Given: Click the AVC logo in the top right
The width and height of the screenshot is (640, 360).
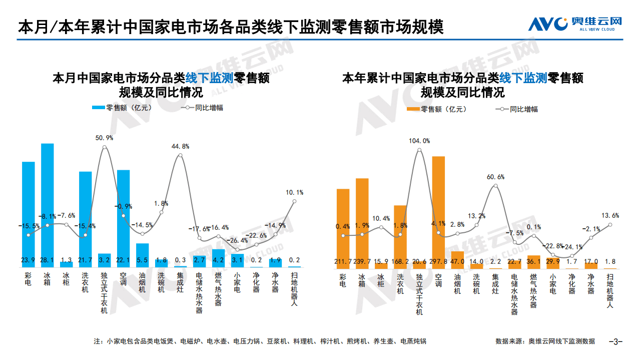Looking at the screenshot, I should tap(575, 23).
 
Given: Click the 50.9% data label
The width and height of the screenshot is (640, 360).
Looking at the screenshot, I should tap(104, 138).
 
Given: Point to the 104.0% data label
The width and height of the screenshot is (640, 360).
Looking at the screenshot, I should tap(419, 141).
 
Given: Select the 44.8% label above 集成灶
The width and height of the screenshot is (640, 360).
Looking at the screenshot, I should tap(180, 146).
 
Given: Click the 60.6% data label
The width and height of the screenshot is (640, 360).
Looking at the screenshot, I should tap(495, 177).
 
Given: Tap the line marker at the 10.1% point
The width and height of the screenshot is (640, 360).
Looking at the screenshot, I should tap(294, 201).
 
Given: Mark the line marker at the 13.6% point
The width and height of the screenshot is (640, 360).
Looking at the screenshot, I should tap(610, 225).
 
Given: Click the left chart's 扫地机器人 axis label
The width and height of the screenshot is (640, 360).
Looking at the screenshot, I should tap(294, 289).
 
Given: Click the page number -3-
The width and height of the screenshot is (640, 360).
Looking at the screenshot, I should tap(615, 341).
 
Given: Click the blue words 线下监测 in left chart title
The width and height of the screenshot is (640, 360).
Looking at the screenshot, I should tap(210, 78).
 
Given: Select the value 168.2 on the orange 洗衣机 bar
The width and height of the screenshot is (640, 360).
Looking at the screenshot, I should tap(400, 261).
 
